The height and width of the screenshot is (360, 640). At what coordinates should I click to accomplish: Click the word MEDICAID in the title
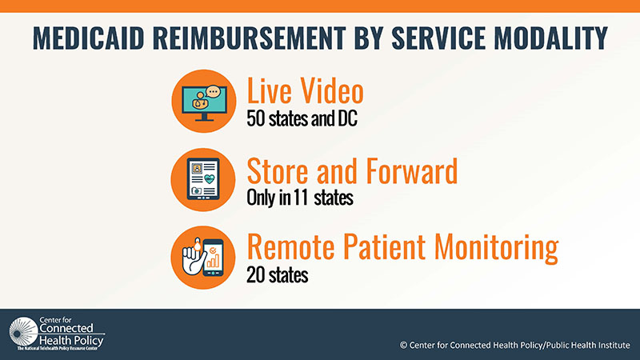pyautogui.click(x=89, y=38)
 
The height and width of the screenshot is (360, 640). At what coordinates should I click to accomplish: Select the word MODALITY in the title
pyautogui.click(x=551, y=38)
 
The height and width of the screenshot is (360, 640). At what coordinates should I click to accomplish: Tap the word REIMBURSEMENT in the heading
pyautogui.click(x=249, y=38)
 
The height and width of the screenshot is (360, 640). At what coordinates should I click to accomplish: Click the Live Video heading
pyautogui.click(x=306, y=90)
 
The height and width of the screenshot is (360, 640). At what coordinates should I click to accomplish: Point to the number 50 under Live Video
pyautogui.click(x=256, y=118)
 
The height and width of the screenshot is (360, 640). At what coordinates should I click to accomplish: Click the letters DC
pyautogui.click(x=347, y=118)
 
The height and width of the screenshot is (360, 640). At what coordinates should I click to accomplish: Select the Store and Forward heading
pyautogui.click(x=352, y=170)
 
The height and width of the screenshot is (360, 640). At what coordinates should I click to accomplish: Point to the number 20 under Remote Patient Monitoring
pyautogui.click(x=256, y=275)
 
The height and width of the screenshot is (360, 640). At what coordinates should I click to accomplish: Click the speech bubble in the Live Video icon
pyautogui.click(x=213, y=91)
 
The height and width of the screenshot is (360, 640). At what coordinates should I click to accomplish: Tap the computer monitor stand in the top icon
pyautogui.click(x=204, y=118)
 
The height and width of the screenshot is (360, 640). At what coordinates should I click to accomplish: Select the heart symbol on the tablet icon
pyautogui.click(x=210, y=178)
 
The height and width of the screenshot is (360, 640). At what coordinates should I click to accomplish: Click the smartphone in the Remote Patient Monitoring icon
pyautogui.click(x=213, y=257)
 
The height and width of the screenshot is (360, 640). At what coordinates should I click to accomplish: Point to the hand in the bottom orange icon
pyautogui.click(x=194, y=258)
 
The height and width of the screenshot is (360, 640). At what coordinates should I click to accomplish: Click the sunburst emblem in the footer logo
pyautogui.click(x=24, y=332)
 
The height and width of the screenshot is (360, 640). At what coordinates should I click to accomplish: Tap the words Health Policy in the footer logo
pyautogui.click(x=71, y=340)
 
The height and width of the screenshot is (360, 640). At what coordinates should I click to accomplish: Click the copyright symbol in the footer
pyautogui.click(x=404, y=346)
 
